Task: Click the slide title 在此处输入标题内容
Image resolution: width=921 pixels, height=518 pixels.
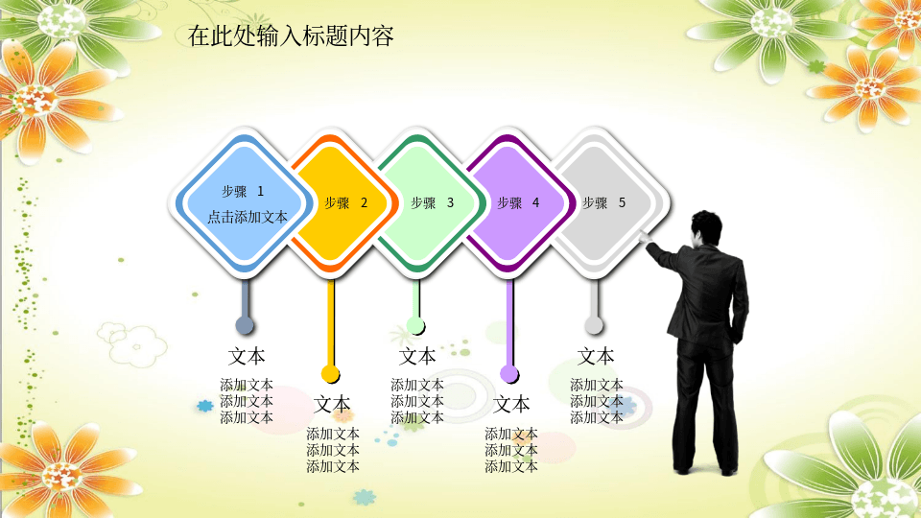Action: tap(291, 36)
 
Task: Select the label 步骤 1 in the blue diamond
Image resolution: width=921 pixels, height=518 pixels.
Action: tap(243, 192)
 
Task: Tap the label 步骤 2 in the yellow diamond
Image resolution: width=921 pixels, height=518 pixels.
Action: tap(346, 203)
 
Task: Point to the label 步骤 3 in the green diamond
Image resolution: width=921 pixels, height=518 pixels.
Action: tap(433, 203)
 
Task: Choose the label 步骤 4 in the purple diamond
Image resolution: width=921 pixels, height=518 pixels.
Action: tap(518, 203)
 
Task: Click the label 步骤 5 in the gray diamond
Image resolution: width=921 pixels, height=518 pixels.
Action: tap(603, 203)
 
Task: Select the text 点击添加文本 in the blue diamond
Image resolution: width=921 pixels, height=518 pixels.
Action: tap(248, 218)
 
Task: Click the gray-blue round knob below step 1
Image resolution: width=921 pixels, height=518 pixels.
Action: tap(245, 325)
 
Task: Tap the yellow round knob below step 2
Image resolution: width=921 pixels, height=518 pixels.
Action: tap(330, 373)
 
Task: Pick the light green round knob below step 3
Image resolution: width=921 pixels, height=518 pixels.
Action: tap(415, 325)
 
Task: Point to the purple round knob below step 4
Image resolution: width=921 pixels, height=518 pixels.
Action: tap(508, 373)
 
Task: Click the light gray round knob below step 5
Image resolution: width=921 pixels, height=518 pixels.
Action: tap(593, 325)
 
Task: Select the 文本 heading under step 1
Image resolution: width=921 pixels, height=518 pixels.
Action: tap(247, 357)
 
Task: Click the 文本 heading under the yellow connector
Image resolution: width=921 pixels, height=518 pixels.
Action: tap(332, 405)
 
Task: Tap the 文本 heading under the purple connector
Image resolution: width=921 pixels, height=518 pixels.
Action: tap(511, 405)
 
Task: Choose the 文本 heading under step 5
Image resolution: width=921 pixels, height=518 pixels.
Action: tap(596, 357)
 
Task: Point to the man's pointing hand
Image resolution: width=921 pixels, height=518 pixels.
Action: tap(645, 238)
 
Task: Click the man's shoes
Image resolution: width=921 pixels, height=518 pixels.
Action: tap(705, 470)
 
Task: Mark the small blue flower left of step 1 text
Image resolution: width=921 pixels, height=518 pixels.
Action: tap(205, 405)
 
